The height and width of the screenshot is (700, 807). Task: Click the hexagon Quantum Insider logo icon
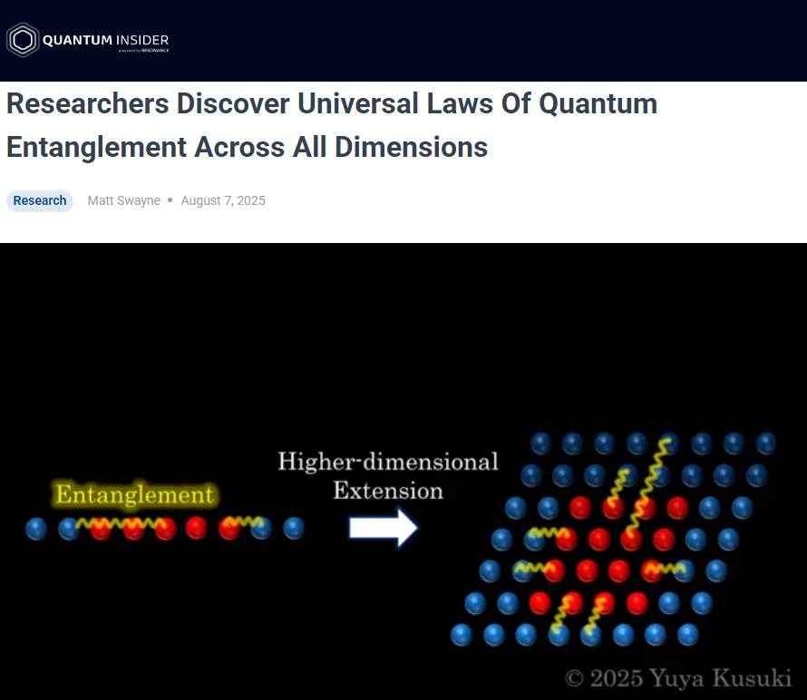23,40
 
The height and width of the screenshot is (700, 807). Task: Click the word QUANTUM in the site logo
77,40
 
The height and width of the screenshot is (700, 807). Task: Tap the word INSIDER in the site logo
142,40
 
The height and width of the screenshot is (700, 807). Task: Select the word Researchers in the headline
87,103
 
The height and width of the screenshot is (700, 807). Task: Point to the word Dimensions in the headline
411,147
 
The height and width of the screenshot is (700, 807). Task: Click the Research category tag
40,200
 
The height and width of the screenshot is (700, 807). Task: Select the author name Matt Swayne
123,200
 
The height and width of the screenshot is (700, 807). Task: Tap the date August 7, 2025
223,200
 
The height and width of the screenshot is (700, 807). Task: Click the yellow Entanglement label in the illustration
134,495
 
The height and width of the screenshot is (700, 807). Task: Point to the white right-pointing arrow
383,528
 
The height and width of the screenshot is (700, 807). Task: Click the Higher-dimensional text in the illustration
388,462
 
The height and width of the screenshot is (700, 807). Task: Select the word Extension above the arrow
388,491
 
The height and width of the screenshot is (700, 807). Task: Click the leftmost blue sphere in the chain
36,529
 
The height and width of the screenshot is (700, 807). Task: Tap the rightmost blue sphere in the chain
294,528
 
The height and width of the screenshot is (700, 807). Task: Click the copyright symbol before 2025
574,678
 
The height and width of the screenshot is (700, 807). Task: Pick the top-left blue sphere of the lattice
541,443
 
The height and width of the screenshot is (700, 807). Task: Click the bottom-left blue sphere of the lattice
462,635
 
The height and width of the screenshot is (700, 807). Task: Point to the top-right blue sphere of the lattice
766,443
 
